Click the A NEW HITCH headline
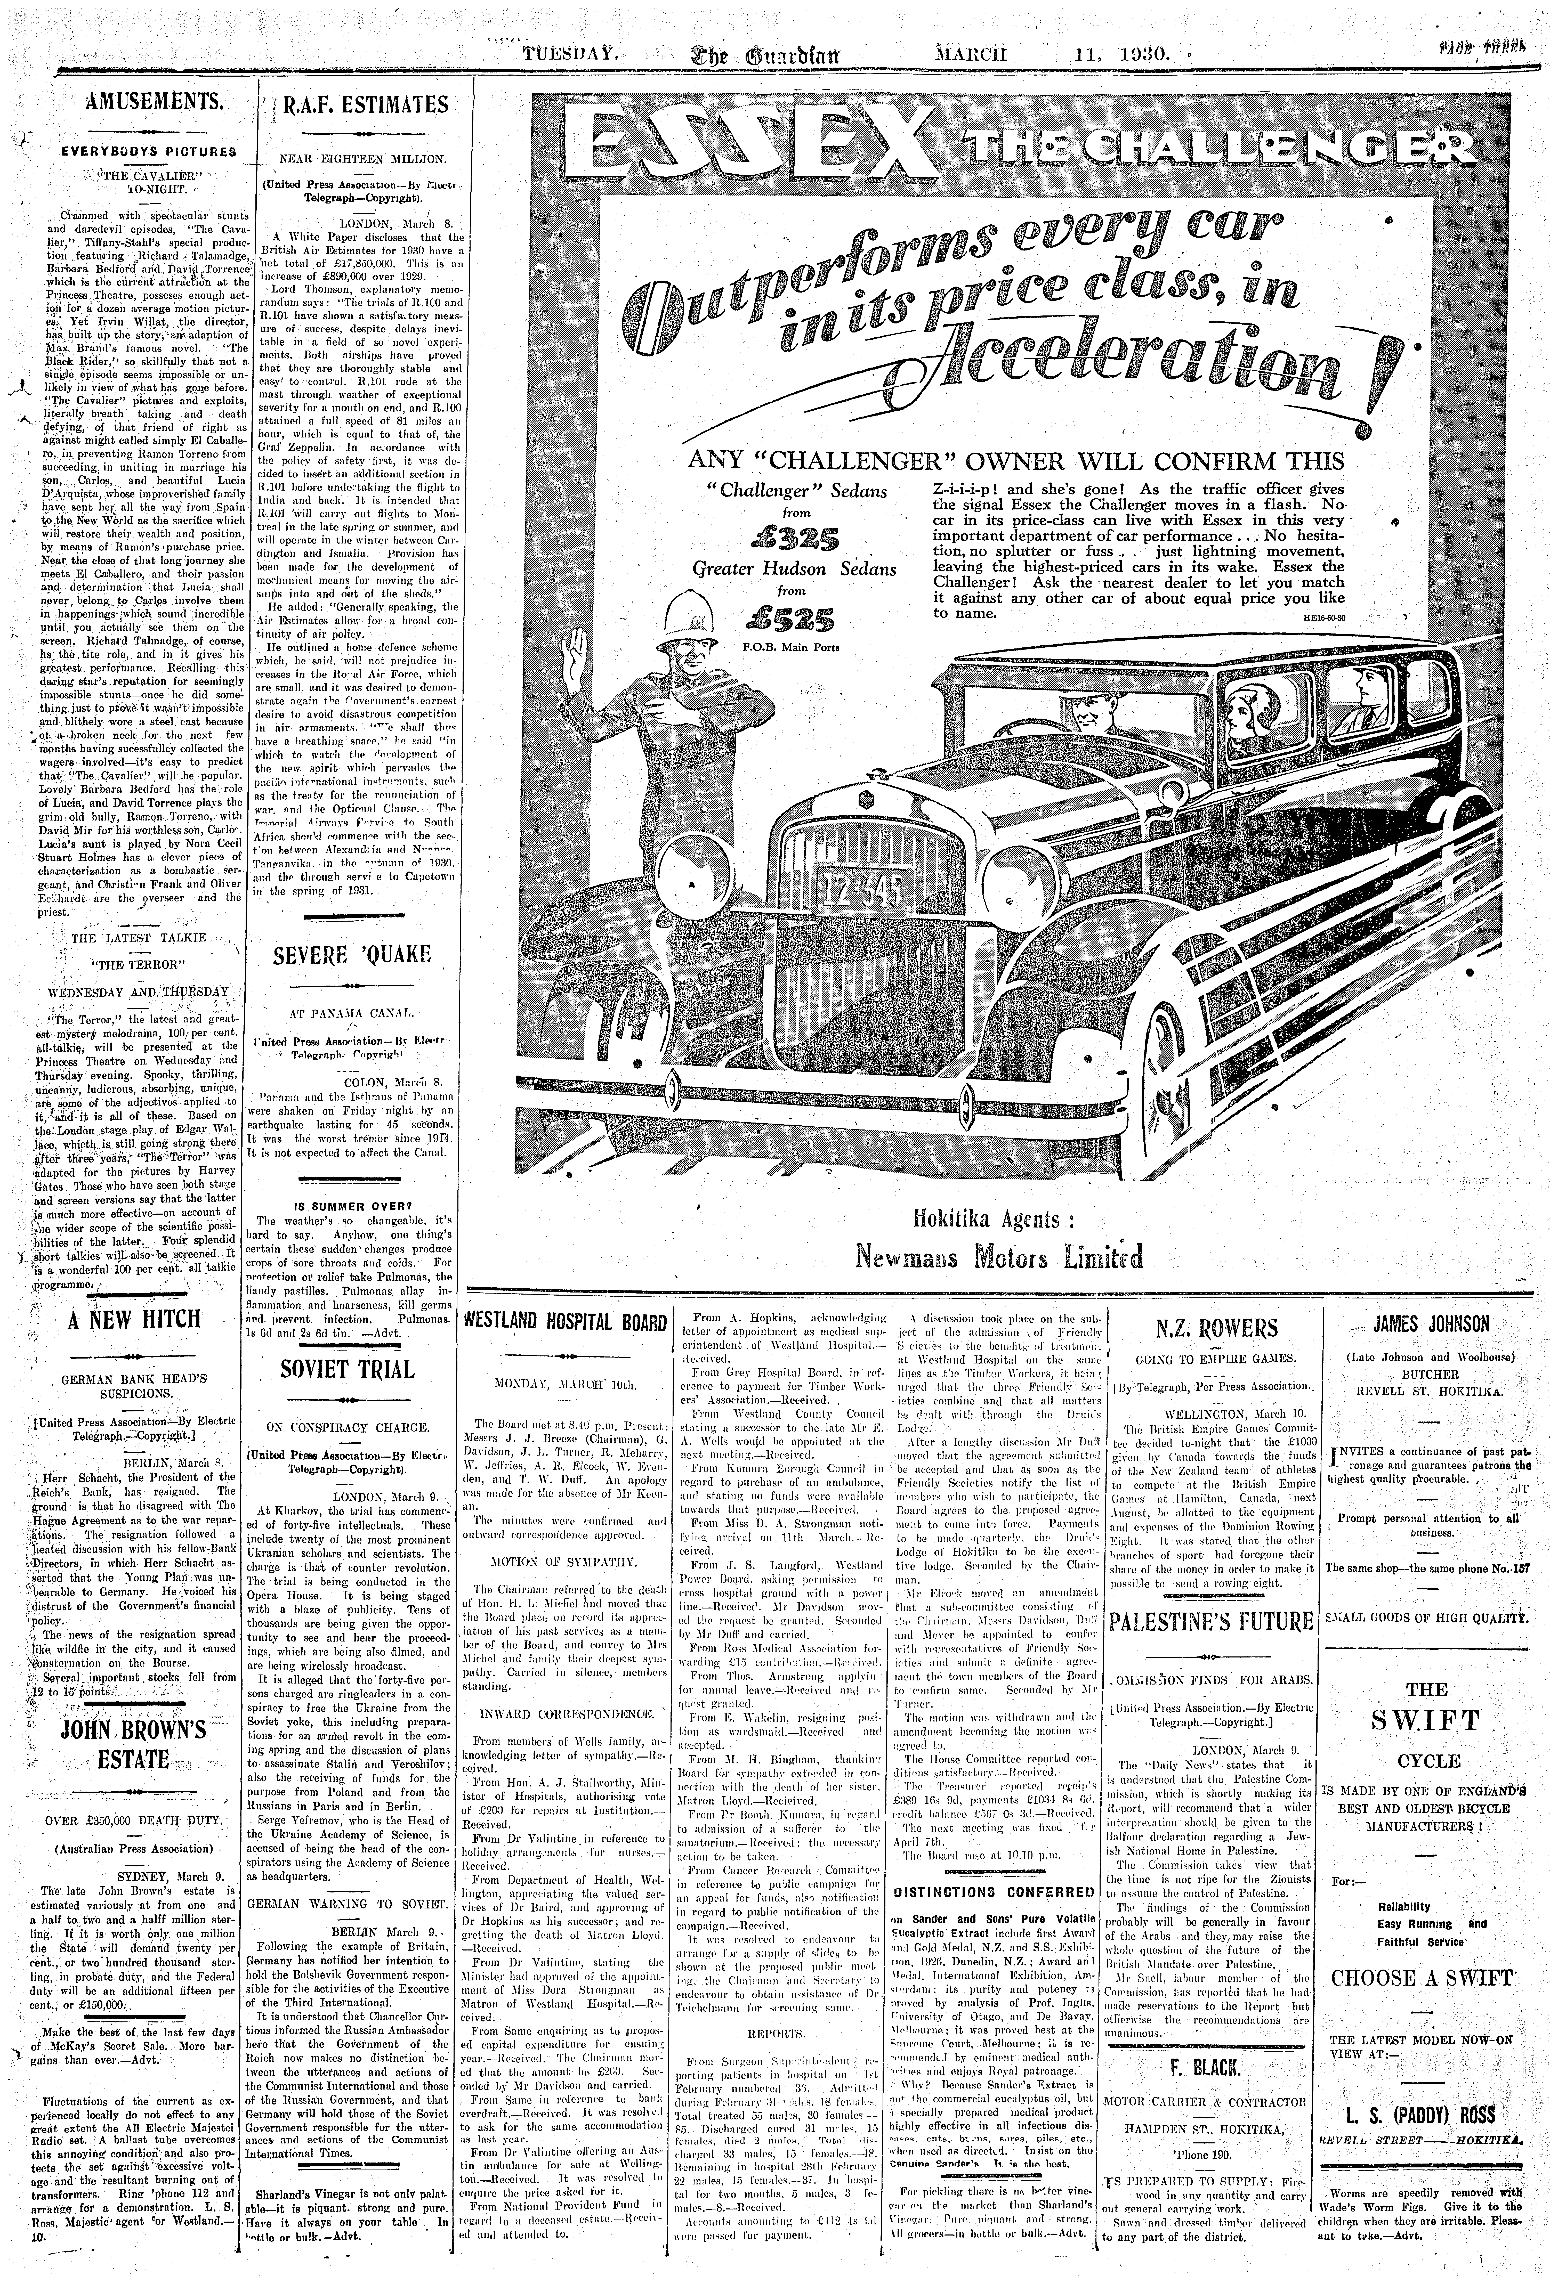(x=135, y=1318)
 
